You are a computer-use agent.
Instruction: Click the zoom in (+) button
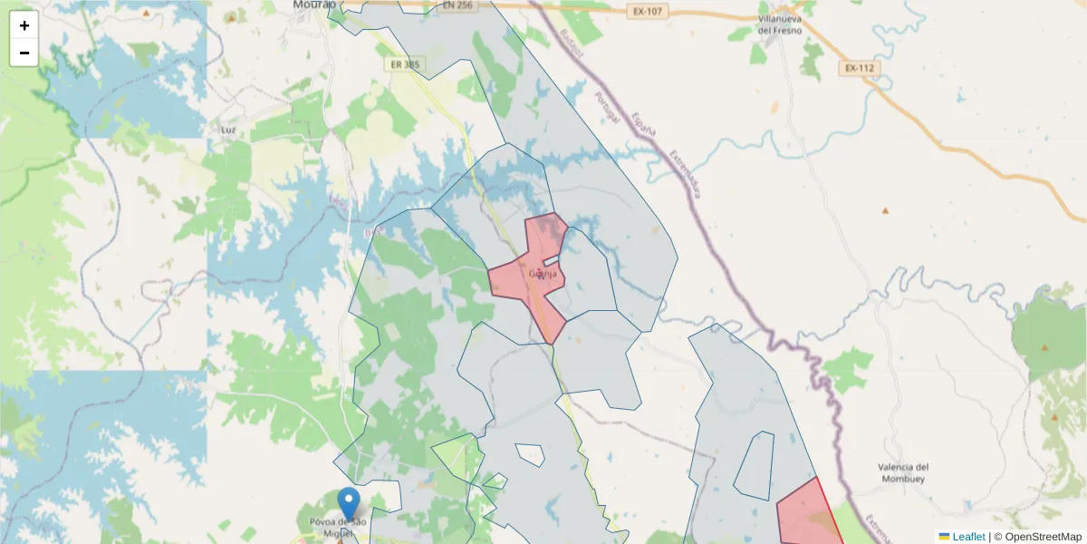pyautogui.click(x=24, y=25)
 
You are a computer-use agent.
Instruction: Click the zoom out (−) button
pyautogui.click(x=24, y=53)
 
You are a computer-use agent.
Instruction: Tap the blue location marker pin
pyautogui.click(x=348, y=504)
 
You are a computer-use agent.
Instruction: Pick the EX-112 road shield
pyautogui.click(x=859, y=68)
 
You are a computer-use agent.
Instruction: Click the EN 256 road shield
pyautogui.click(x=458, y=5)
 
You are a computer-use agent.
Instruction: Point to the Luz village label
pyautogui.click(x=228, y=130)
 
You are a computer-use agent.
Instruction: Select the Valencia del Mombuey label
pyautogui.click(x=903, y=472)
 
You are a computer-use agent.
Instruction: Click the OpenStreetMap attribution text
pyautogui.click(x=1043, y=537)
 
